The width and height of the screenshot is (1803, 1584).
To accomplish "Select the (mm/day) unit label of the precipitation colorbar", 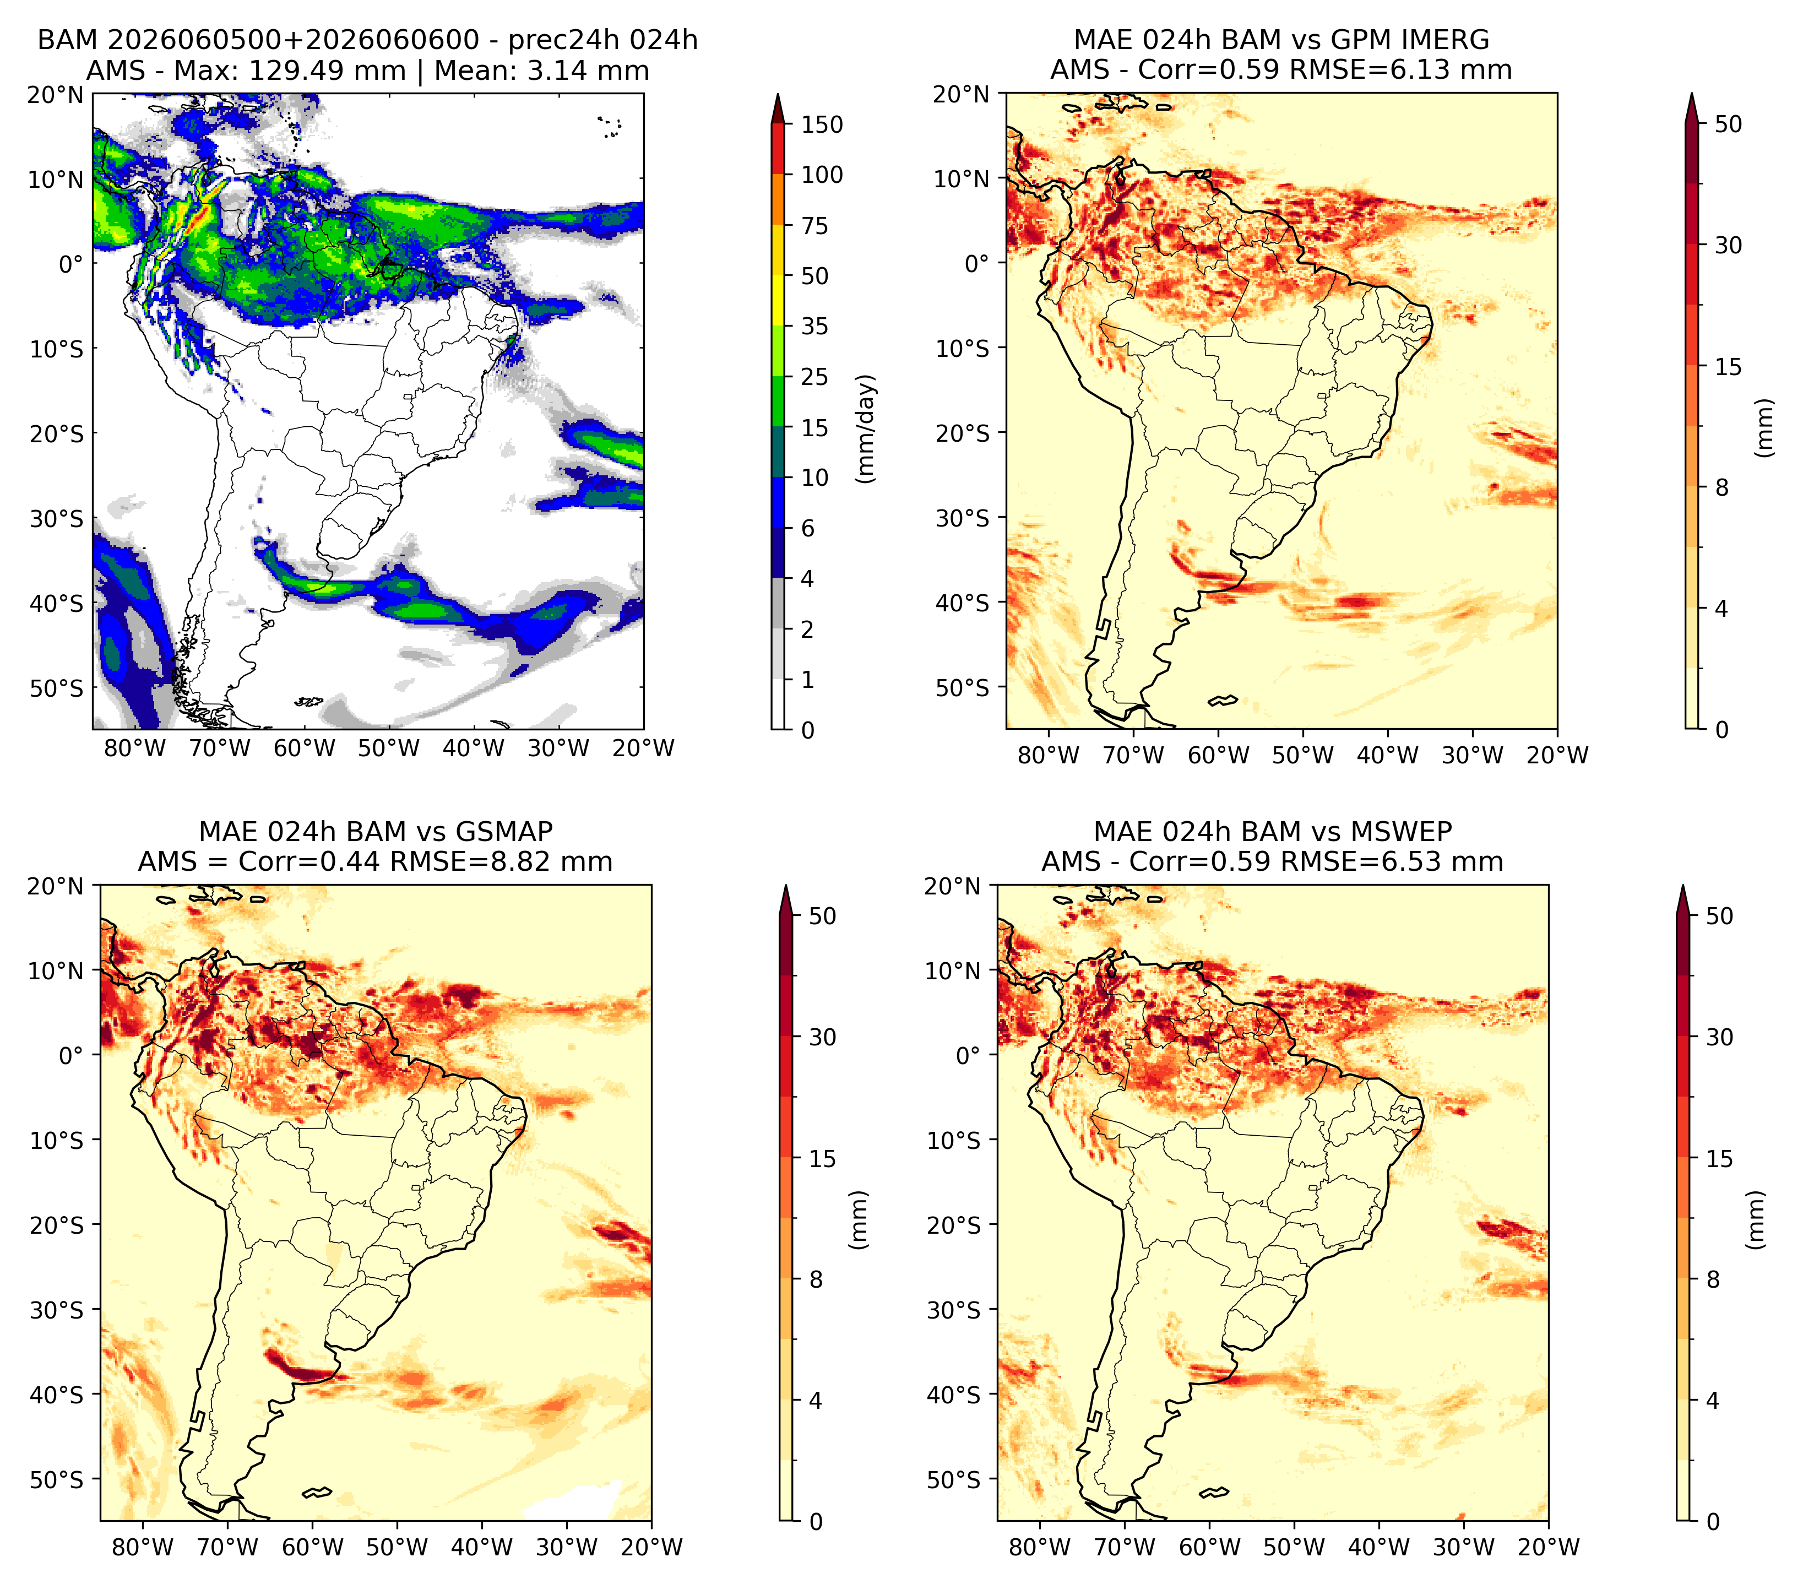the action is pos(866,428).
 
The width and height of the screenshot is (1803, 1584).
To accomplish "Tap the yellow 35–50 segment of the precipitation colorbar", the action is pos(778,300).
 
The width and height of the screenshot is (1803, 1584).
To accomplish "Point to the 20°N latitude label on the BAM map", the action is pos(55,94).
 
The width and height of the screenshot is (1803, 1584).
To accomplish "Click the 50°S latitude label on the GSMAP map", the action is pos(57,1479).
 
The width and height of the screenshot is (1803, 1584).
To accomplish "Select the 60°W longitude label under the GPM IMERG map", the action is pos(1218,755).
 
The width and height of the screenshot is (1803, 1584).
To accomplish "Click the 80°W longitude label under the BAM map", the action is pos(135,748).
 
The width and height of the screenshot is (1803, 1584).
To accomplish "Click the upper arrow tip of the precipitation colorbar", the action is pos(778,94).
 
